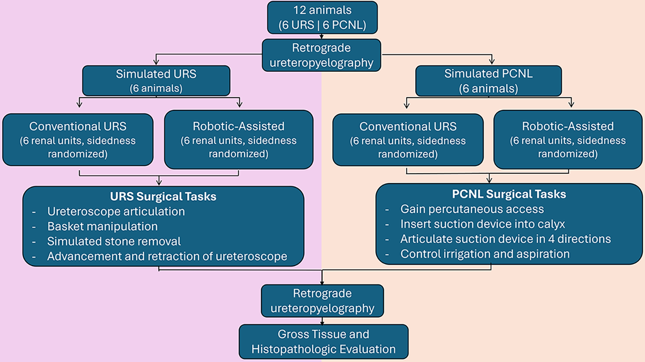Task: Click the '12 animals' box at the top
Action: (x=322, y=18)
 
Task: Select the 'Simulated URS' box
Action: (x=156, y=81)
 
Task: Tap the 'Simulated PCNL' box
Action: (x=488, y=81)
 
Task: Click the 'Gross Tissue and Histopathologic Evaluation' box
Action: (x=323, y=341)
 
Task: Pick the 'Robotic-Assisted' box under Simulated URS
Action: (x=239, y=140)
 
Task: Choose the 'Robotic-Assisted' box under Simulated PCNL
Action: (x=568, y=140)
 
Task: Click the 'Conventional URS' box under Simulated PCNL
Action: (x=408, y=140)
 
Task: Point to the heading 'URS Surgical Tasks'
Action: (x=163, y=196)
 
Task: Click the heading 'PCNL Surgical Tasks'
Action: (x=509, y=194)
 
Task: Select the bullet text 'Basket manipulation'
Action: (x=102, y=227)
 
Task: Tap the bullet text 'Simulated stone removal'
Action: (x=114, y=241)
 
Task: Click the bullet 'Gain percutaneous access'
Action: (x=472, y=209)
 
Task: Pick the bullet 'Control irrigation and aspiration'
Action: (x=485, y=254)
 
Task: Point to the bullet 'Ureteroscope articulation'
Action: (x=116, y=212)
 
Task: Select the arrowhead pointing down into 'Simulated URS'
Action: (x=156, y=61)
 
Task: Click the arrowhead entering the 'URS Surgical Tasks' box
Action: (x=159, y=182)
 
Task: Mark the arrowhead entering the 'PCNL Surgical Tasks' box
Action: (x=489, y=180)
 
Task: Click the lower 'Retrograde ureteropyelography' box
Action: (x=322, y=301)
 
